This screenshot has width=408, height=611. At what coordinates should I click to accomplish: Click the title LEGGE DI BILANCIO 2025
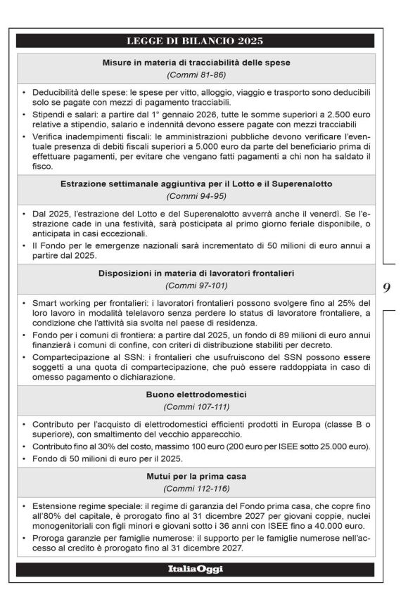pyautogui.click(x=195, y=41)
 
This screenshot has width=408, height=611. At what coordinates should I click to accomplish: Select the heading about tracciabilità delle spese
pyautogui.click(x=195, y=63)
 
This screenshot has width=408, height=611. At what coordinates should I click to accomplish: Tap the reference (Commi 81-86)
pyautogui.click(x=195, y=75)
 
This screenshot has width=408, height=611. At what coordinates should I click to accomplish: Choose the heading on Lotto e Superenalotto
pyautogui.click(x=195, y=184)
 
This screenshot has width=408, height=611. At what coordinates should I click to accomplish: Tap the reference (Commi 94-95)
pyautogui.click(x=195, y=196)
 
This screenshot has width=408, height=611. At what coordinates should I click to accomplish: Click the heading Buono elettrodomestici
pyautogui.click(x=195, y=395)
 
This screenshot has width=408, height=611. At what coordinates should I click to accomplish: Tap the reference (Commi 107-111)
pyautogui.click(x=195, y=407)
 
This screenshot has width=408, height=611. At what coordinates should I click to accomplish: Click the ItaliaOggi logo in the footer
pyautogui.click(x=195, y=570)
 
